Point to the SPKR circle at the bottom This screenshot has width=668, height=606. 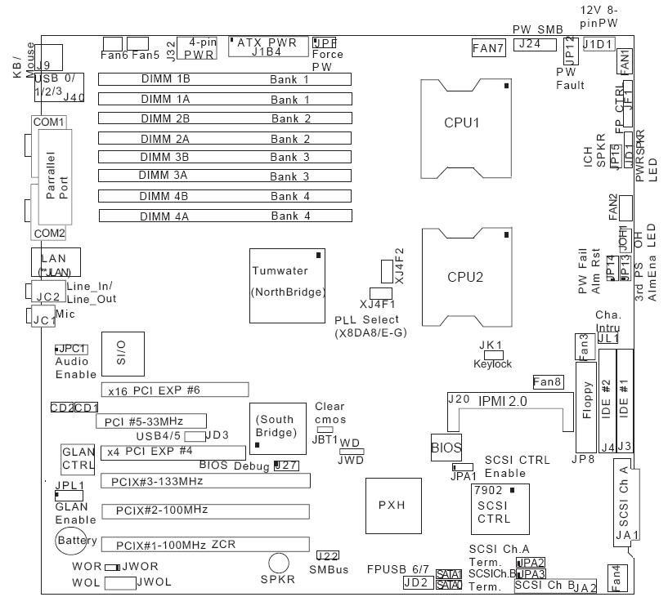coord(279,563)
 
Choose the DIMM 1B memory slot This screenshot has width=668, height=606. coord(225,80)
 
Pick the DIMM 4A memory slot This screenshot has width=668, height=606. coord(225,216)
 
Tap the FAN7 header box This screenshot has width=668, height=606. coord(488,48)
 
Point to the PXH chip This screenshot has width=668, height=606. coord(391,505)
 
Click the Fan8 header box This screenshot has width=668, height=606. coord(547,381)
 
